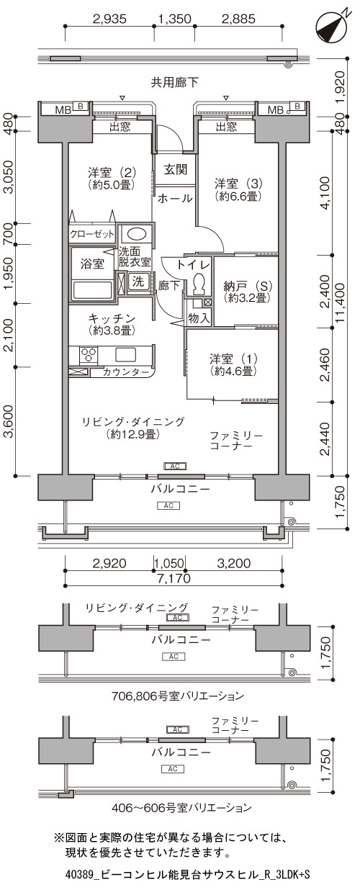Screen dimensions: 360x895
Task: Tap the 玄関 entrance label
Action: click(176, 169)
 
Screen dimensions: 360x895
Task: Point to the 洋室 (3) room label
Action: click(238, 190)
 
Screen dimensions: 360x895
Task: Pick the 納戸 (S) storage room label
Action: click(248, 292)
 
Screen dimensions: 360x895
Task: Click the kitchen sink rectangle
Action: click(126, 355)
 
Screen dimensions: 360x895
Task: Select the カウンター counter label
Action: click(126, 372)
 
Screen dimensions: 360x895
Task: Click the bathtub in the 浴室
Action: click(92, 289)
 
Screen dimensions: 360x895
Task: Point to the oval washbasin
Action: click(136, 234)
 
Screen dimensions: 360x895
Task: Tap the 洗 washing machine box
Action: click(138, 282)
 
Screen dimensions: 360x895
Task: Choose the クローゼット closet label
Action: click(92, 234)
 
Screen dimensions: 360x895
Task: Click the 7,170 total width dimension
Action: click(174, 578)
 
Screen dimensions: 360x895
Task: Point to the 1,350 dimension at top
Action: click(175, 19)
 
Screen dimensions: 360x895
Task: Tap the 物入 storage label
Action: click(199, 318)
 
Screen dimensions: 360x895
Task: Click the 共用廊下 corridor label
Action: click(175, 82)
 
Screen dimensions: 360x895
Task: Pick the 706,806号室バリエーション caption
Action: click(177, 696)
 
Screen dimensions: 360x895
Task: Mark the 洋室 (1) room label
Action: click(233, 364)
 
